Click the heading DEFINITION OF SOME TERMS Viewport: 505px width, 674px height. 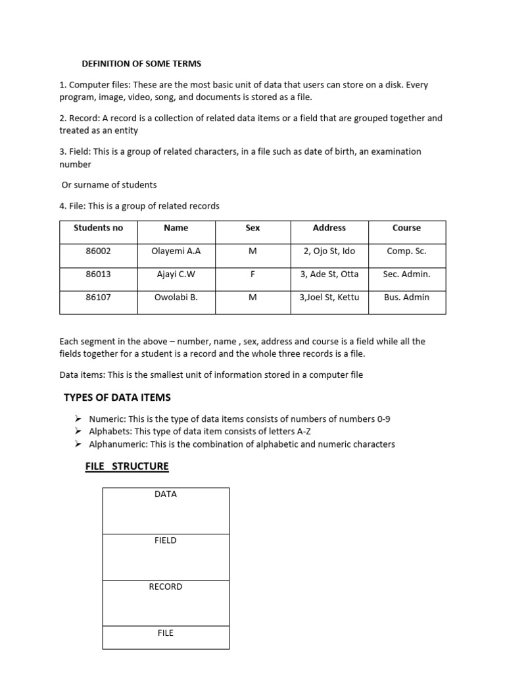coord(141,64)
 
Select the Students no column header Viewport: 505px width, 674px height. coord(98,228)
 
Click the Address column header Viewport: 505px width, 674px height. coord(329,228)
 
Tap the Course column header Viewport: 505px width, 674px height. coord(406,228)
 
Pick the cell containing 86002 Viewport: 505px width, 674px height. coord(98,251)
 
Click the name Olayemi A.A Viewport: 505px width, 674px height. coord(176,251)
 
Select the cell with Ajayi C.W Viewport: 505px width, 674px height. coord(176,274)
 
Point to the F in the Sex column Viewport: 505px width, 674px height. coord(252,274)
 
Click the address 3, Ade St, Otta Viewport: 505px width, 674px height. coord(329,274)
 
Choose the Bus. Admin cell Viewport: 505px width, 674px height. coord(406,297)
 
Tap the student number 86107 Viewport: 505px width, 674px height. coord(98,297)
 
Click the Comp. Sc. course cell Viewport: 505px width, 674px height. coord(406,251)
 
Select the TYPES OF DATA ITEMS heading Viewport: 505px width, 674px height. coord(117,397)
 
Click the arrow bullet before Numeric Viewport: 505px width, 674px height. coord(78,419)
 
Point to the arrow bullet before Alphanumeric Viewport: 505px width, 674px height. coord(78,444)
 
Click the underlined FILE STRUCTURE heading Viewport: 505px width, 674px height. coord(127,467)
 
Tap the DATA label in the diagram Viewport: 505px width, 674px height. coord(165,494)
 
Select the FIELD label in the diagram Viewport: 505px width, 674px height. coord(165,540)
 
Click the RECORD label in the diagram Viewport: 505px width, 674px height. coord(165,586)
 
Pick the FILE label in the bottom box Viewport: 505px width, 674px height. coord(165,633)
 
